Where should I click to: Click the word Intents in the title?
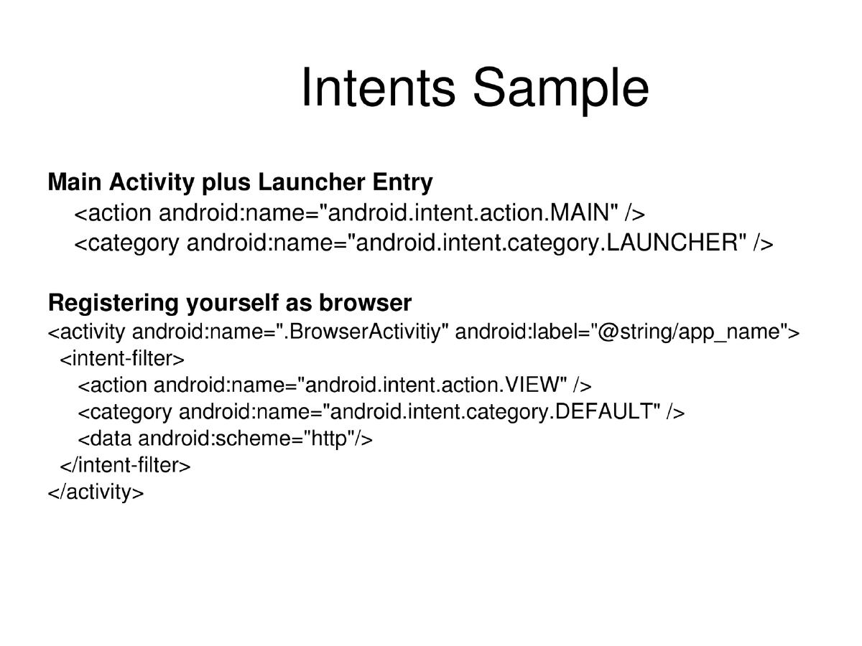pos(378,88)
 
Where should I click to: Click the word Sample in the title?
pos(560,88)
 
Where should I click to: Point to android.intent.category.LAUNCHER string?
pos(547,243)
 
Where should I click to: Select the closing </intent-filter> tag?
pos(125,466)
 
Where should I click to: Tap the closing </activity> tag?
pos(96,493)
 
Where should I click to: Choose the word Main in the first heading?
pos(75,183)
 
